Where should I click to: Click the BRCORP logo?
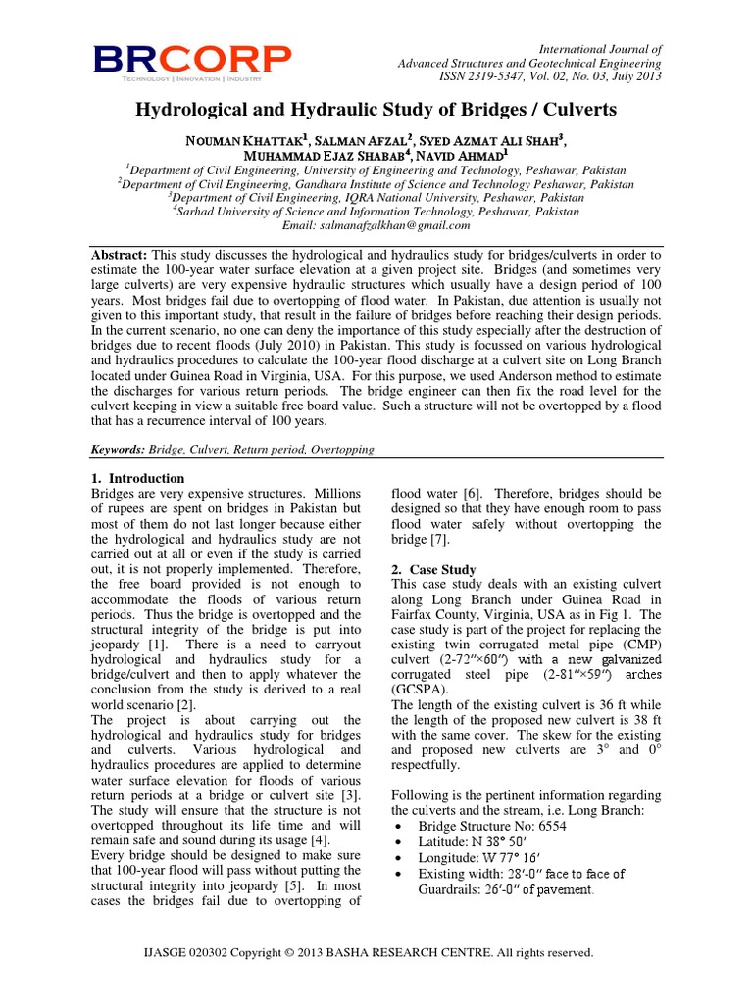[192, 61]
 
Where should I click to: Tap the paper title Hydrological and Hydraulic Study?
[376, 110]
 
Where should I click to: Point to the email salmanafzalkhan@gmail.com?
[376, 224]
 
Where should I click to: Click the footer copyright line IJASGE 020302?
[376, 951]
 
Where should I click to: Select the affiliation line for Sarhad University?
[376, 211]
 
